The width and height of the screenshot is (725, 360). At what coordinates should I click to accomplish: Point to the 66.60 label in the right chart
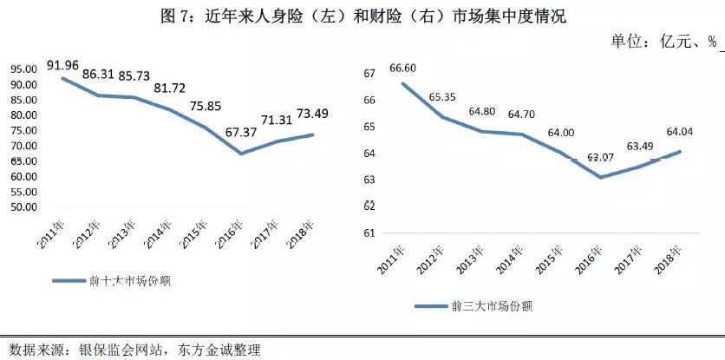point(405,69)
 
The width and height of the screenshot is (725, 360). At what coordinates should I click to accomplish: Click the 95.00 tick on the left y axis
point(23,69)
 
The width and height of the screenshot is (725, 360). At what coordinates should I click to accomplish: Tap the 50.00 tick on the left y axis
point(23,207)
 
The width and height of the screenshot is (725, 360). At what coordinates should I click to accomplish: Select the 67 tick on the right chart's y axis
point(370,74)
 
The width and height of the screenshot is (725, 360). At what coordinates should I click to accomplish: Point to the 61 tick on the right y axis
point(370,232)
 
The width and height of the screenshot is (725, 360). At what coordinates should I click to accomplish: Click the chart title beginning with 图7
point(362,15)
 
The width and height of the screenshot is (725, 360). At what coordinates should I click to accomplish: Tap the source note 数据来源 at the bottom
point(131,350)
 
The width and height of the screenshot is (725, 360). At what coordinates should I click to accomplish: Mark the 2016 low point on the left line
point(242,154)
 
